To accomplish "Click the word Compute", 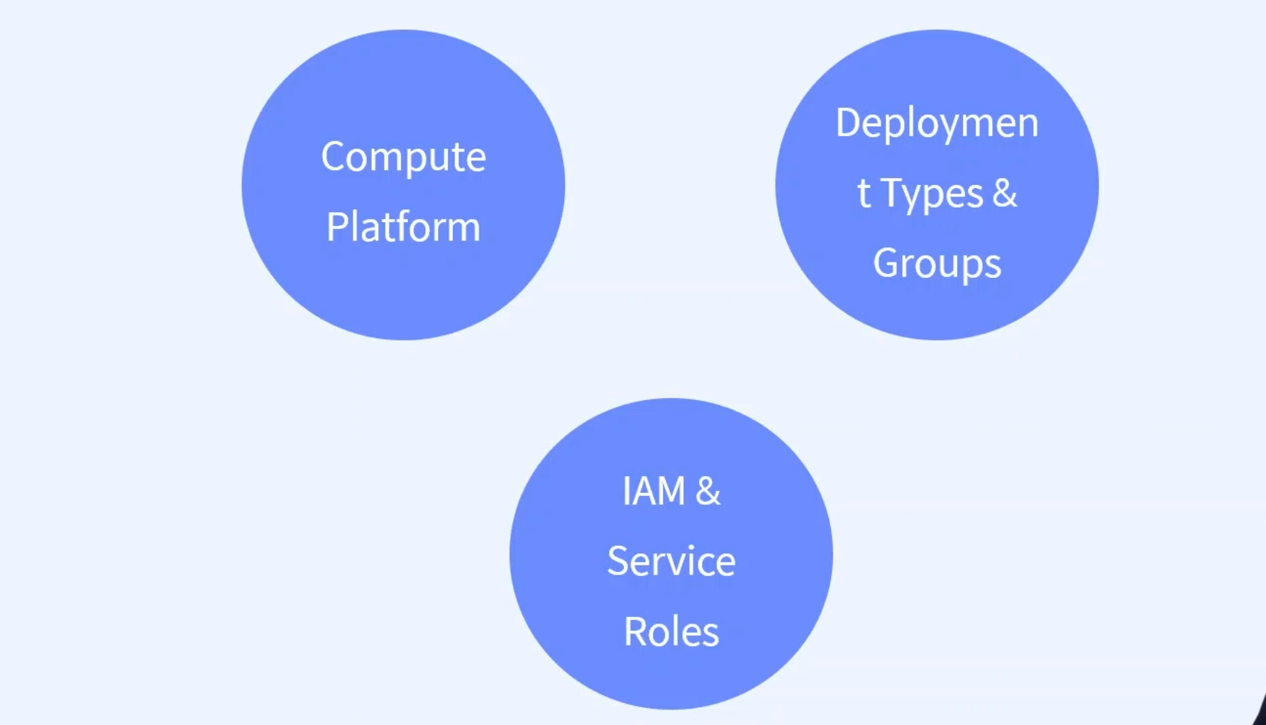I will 403,157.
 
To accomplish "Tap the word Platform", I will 403,227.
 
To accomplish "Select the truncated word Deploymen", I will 937,123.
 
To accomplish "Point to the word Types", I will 932,193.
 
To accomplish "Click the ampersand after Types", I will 1004,192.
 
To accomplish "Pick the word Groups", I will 937,263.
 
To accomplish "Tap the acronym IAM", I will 654,491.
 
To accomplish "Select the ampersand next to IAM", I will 708,491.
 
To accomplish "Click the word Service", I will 671,561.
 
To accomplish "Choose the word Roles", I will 671,631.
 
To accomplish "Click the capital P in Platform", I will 335,227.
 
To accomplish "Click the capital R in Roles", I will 634,631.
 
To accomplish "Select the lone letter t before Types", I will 864,193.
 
